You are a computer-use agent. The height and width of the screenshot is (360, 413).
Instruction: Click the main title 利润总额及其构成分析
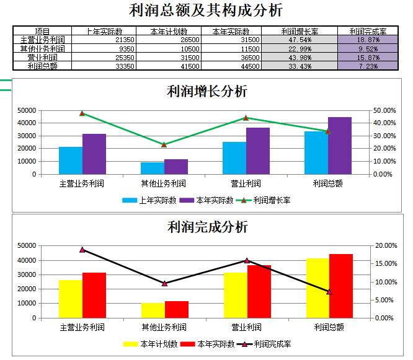[206, 11]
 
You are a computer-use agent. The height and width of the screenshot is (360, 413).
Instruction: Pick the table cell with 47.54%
[300, 40]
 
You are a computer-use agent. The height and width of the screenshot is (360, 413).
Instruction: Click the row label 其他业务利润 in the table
[42, 48]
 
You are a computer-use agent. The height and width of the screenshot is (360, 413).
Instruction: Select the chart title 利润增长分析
[207, 91]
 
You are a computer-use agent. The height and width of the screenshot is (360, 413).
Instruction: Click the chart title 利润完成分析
[207, 226]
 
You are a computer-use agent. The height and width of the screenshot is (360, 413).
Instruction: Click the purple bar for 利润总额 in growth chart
[340, 146]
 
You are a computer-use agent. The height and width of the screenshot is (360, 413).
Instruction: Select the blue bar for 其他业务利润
[153, 168]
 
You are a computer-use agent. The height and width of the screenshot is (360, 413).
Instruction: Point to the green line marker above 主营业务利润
[82, 113]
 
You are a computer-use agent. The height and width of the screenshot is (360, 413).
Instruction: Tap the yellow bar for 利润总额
[318, 288]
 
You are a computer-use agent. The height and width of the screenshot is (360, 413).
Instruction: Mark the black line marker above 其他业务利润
[164, 283]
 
